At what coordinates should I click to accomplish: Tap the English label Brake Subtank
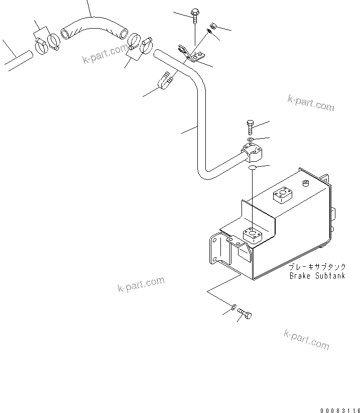317,276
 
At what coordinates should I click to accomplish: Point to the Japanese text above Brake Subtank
317,268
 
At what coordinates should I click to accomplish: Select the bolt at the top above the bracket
194,15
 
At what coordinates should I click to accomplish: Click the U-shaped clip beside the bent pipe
166,79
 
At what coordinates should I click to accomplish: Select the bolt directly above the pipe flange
251,127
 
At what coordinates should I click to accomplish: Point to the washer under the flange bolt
251,139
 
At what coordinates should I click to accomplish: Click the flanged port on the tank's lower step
252,234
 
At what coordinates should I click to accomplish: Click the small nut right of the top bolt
213,25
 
